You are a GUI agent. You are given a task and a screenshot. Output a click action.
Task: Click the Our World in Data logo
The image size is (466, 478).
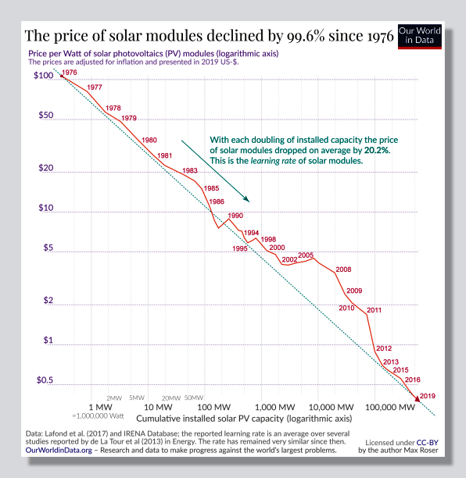click(420, 34)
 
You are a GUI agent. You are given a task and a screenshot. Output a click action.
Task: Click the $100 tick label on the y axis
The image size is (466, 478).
click(44, 77)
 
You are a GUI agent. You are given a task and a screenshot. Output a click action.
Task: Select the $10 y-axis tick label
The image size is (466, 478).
click(47, 209)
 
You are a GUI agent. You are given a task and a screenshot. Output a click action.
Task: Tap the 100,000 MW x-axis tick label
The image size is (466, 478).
click(389, 408)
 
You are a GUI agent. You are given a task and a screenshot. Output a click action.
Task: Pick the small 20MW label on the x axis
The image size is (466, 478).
click(170, 397)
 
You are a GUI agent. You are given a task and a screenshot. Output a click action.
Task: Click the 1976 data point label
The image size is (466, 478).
click(69, 73)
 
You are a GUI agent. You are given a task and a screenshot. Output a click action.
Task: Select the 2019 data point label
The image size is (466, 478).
click(427, 396)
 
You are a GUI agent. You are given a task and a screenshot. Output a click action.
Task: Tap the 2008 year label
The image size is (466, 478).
click(342, 269)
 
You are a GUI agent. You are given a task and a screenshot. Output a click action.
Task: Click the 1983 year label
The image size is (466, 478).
click(189, 170)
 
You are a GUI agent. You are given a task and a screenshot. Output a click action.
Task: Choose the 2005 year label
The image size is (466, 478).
click(306, 255)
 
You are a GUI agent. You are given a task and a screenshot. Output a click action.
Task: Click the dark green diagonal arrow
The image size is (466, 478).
click(215, 171)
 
